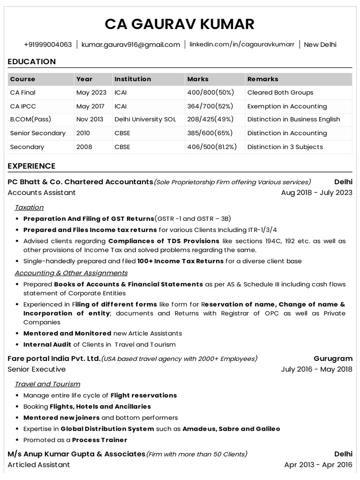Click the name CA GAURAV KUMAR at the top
coord(180,24)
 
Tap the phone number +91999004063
coord(48,45)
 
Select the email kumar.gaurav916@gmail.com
coord(131,45)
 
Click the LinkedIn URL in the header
coord(242,45)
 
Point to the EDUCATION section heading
coord(32,61)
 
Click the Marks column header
coord(198,79)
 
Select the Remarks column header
coord(262,79)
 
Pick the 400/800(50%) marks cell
coord(210,93)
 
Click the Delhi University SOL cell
coord(145,120)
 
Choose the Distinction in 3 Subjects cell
coord(285,147)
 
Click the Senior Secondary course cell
coord(38,133)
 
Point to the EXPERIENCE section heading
coord(32,166)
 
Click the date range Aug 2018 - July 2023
coord(316,193)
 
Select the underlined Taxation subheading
coord(29,207)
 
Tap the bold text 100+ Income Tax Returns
coord(180,261)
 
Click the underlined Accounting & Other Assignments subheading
coord(71,273)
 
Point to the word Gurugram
coord(333,359)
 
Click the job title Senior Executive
coord(37,369)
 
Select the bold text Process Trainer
coord(100,440)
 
